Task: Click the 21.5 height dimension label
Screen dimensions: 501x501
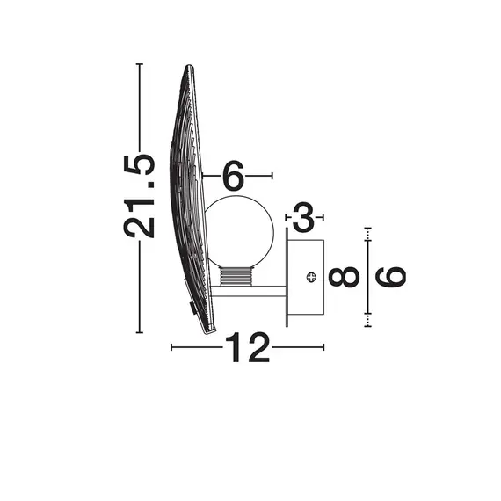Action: (140, 195)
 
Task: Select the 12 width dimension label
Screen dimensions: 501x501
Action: (247, 349)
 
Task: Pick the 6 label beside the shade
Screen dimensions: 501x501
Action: (233, 177)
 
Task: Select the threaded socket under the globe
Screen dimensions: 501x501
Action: (236, 277)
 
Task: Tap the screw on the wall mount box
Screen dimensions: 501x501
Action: (310, 277)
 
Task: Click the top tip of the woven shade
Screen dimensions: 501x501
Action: (188, 67)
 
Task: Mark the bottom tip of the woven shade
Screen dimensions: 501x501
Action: (209, 330)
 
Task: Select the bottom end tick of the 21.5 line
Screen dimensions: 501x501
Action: (140, 332)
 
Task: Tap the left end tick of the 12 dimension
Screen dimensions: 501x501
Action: (171, 348)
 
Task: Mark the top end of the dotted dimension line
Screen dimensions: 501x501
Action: (367, 228)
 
